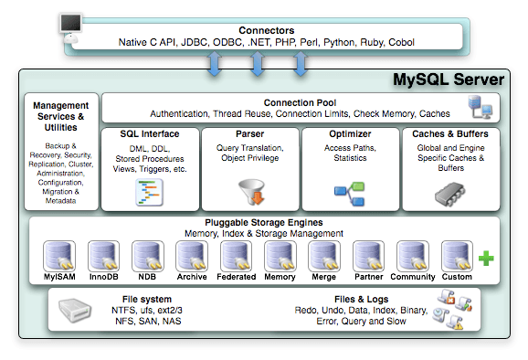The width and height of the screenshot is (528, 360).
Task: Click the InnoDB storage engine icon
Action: [x=103, y=255]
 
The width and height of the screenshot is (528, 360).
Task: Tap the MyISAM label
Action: [x=59, y=276]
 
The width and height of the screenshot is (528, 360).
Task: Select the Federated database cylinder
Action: [x=236, y=255]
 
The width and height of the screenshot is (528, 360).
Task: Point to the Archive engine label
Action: [x=192, y=276]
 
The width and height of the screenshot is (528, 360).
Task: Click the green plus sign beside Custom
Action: [x=486, y=259]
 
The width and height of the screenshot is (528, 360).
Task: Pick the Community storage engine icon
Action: [x=412, y=255]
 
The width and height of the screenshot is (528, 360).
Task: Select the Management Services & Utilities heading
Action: [x=60, y=117]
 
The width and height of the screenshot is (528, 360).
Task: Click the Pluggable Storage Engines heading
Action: [x=265, y=222]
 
